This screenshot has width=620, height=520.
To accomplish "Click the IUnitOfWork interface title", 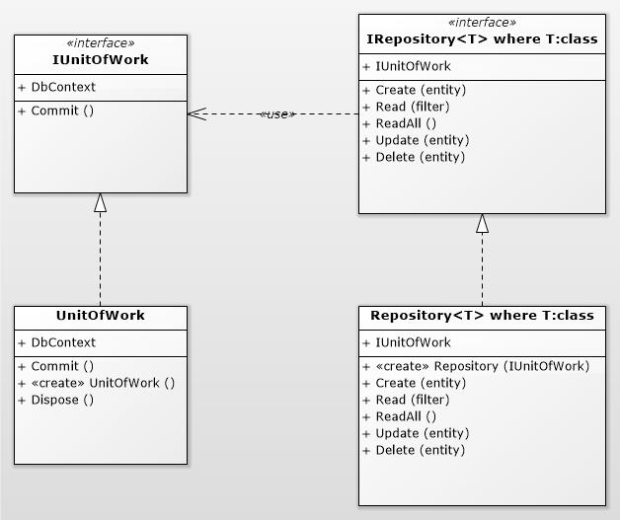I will tap(100, 60).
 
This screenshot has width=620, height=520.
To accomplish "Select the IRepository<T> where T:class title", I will tap(482, 40).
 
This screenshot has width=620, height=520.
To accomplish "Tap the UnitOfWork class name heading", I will tap(100, 316).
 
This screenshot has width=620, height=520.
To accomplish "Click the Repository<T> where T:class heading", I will tap(482, 316).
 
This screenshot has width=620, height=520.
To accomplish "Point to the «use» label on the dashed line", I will tap(276, 114).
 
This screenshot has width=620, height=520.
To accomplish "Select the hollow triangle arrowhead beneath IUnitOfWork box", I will tap(100, 202).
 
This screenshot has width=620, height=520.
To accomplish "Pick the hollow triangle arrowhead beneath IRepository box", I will tap(482, 223).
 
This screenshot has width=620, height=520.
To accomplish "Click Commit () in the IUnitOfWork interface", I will tap(62, 111).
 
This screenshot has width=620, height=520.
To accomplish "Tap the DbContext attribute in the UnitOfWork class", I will tap(63, 342).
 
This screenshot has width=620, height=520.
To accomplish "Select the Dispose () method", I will tap(62, 400).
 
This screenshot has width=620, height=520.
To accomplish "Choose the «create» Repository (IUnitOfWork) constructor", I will tap(482, 366).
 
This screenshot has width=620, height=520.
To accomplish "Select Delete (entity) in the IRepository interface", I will tap(420, 157).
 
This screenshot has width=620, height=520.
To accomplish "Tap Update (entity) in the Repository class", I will tap(422, 433).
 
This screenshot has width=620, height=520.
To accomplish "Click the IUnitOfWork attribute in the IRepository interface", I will tap(413, 66).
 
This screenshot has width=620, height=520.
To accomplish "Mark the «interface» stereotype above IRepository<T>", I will tap(482, 23).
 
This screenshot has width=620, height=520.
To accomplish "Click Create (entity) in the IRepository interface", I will tap(421, 90).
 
